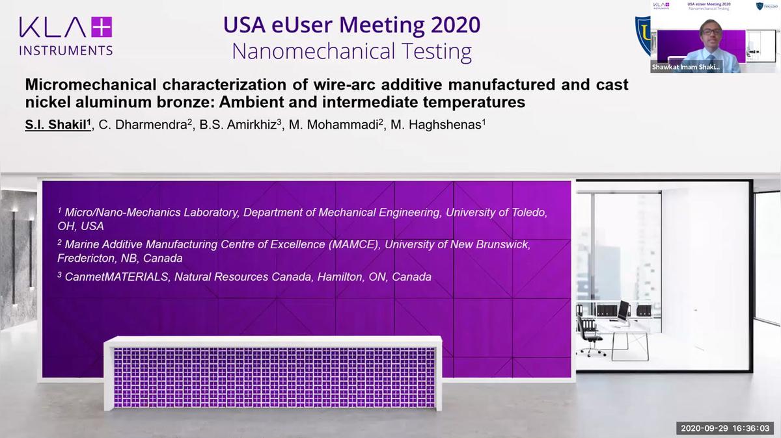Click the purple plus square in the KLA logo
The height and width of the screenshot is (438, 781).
(102, 27)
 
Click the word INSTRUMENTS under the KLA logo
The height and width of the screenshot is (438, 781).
(66, 51)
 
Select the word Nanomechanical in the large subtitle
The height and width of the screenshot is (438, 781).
(314, 51)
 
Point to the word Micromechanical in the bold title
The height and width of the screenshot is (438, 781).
(90, 84)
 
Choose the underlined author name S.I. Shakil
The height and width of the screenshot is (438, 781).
(58, 125)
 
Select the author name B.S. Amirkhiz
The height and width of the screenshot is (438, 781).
(240, 125)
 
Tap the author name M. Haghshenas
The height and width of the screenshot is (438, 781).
(437, 125)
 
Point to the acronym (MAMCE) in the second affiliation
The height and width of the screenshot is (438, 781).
(355, 244)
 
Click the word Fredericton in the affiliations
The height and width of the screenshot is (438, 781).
(86, 259)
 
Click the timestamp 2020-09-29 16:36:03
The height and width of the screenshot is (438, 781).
(725, 428)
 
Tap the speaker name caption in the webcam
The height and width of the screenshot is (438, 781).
(685, 67)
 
